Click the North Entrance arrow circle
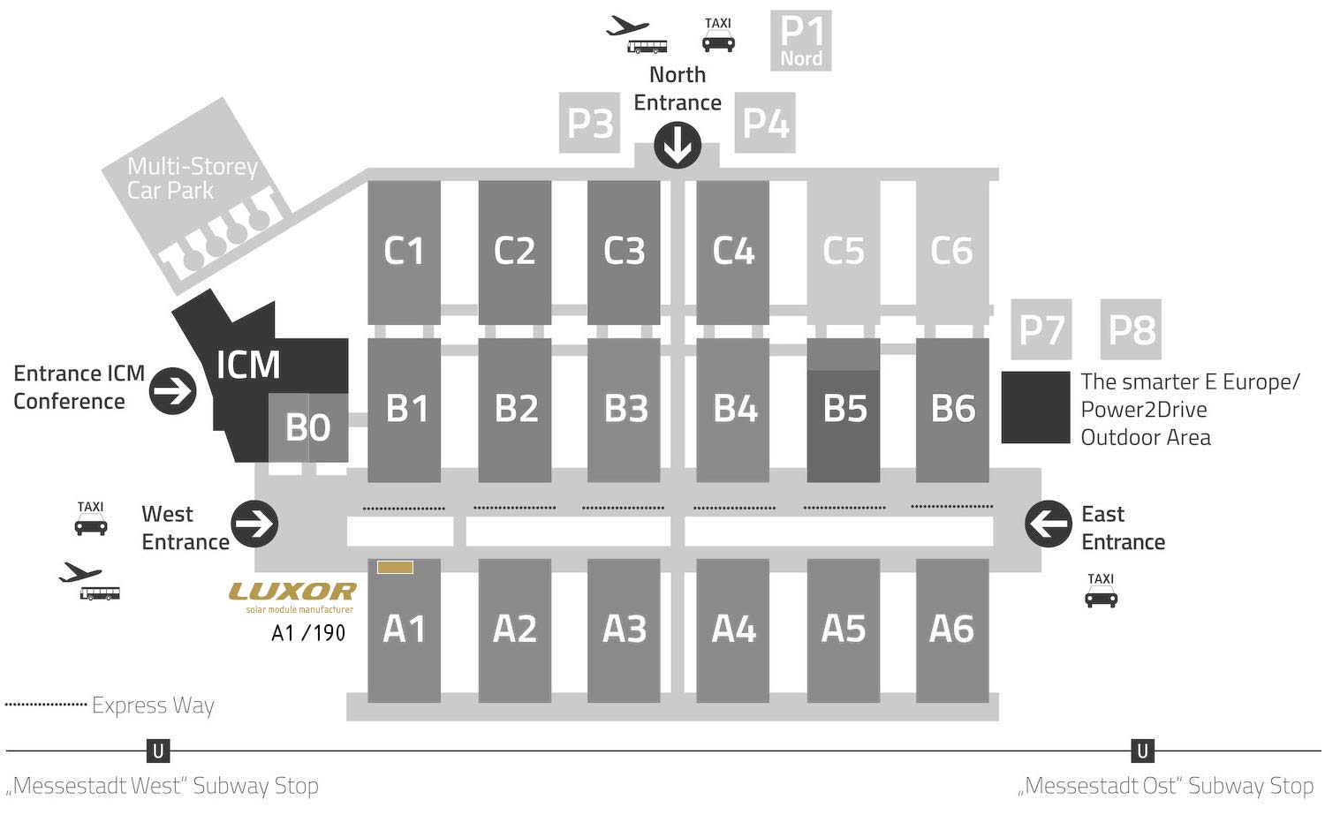click(x=678, y=146)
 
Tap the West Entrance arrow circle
click(x=254, y=524)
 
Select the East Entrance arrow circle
click(x=1049, y=524)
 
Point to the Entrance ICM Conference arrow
click(x=173, y=391)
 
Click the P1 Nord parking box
click(x=801, y=41)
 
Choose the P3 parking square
click(x=590, y=123)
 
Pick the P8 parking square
click(x=1131, y=329)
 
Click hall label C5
click(x=844, y=251)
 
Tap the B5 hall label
click(x=844, y=409)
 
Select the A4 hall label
click(x=733, y=629)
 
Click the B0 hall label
click(x=307, y=427)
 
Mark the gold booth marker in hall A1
click(x=395, y=568)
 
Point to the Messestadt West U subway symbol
click(x=158, y=751)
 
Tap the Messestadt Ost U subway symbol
click(x=1143, y=751)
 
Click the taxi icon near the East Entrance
click(x=1101, y=591)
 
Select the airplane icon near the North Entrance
click(x=627, y=26)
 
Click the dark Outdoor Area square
click(x=1036, y=407)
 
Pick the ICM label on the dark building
click(x=248, y=365)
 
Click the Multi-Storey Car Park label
click(x=193, y=178)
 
